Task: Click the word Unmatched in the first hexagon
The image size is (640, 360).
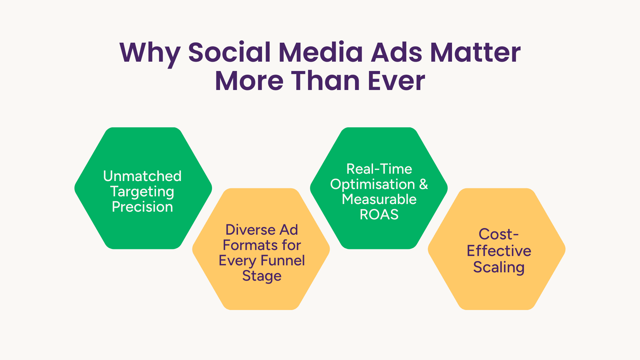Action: pos(142,176)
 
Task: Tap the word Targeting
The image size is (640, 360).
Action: pos(142,192)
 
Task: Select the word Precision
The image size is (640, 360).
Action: pos(142,207)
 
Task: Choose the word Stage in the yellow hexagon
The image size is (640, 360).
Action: pos(262,276)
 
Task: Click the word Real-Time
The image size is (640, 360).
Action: pos(379,169)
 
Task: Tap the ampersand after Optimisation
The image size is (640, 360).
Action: pos(423,184)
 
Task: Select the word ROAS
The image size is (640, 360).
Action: pos(379,214)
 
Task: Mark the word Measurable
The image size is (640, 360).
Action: pos(379,199)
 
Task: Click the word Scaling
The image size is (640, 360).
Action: pos(499,268)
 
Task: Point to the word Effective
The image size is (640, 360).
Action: pos(499,251)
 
